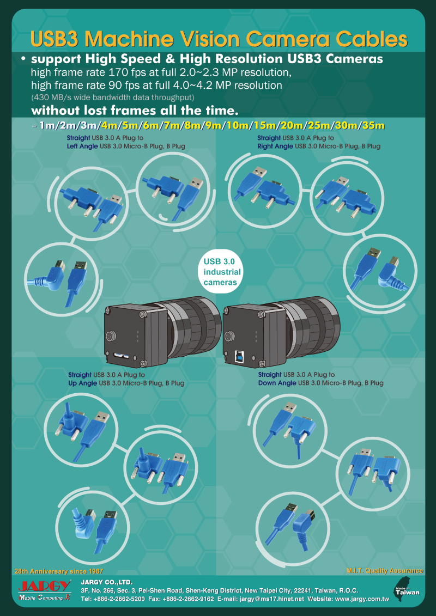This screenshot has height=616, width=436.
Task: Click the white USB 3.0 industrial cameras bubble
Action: point(222,272)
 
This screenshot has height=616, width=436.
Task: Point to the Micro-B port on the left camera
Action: point(122,355)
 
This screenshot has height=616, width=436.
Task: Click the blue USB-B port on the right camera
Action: point(239,356)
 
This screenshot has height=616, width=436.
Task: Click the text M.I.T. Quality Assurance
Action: point(385,570)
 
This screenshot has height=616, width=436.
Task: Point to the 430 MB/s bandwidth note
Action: point(113,96)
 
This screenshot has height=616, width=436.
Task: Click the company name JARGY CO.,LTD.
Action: point(106,582)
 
